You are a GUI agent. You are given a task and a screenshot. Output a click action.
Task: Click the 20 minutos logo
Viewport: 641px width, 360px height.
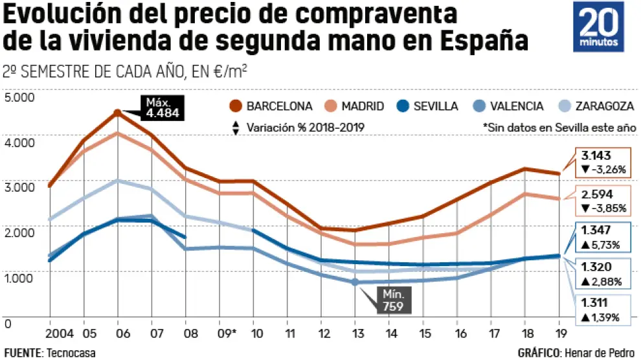tap(599, 27)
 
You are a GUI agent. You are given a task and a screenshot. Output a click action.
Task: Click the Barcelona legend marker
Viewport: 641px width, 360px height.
tap(236, 106)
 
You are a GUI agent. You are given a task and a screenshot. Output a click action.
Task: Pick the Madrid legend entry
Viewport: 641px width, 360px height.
tap(354, 106)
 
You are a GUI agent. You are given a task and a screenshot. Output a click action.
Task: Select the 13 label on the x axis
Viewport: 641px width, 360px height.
tap(355, 333)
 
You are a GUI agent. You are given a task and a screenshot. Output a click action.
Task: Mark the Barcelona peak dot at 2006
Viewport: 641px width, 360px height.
tap(117, 113)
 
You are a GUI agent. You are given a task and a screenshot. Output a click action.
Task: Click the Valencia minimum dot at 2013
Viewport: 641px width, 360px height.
tap(355, 282)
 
